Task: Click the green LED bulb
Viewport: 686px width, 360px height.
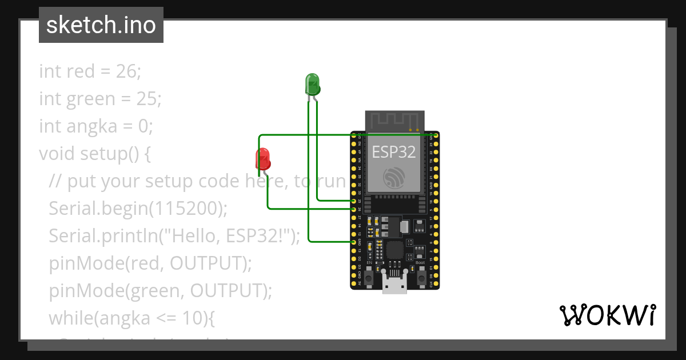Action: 312,84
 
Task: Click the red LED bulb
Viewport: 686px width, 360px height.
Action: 262,158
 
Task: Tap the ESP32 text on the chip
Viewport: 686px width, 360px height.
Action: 394,151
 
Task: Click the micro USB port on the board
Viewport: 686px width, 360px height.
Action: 394,285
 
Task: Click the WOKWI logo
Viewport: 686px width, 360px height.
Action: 607,315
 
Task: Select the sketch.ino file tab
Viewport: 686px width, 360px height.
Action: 101,25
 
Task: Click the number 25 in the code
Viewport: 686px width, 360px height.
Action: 146,99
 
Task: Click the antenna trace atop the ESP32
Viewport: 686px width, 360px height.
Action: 394,121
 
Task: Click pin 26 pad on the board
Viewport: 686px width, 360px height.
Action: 354,209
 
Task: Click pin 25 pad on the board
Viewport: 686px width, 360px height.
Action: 354,201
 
